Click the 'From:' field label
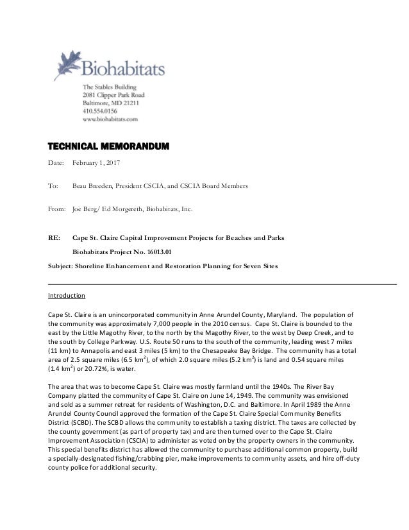[x=58, y=209]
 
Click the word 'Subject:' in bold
[x=63, y=266]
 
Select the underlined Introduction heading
[x=66, y=296]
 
